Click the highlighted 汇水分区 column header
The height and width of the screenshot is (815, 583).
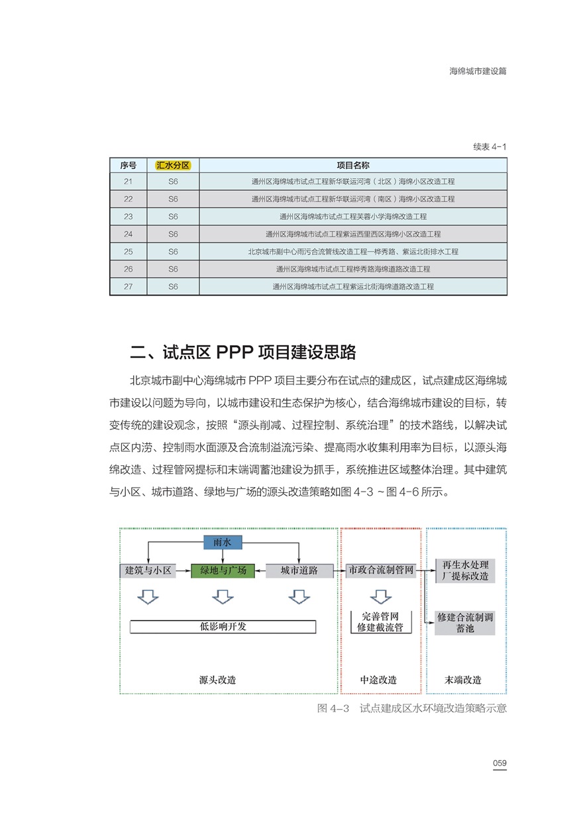click(173, 165)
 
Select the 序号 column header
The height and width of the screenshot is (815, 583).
click(128, 165)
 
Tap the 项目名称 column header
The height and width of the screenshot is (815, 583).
click(353, 165)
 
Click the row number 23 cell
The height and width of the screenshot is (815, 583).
click(128, 216)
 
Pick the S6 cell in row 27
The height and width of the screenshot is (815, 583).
click(173, 287)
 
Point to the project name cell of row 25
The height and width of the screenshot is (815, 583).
click(353, 252)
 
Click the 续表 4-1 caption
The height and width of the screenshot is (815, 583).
click(490, 146)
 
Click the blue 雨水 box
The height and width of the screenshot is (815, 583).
click(223, 543)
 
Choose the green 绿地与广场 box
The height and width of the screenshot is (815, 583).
click(223, 570)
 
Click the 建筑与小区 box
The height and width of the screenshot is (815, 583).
click(148, 570)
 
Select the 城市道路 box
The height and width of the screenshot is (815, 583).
click(299, 570)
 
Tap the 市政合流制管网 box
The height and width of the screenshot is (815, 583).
click(381, 570)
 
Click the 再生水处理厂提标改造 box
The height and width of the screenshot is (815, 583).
click(465, 570)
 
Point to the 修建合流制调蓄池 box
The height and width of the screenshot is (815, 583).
click(465, 622)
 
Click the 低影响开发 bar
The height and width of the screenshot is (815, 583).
click(223, 626)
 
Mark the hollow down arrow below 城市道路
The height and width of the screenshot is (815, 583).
click(299, 597)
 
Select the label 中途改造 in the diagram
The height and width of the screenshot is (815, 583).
click(378, 680)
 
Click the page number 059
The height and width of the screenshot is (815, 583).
click(500, 763)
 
